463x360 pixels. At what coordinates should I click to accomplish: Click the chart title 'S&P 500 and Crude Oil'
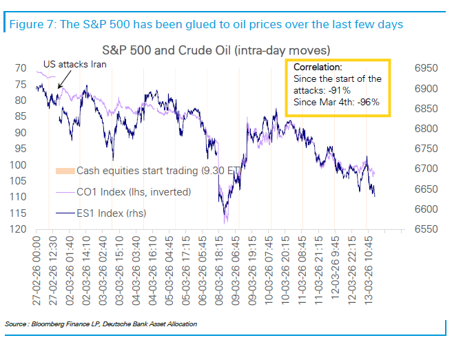pyautogui.click(x=166, y=50)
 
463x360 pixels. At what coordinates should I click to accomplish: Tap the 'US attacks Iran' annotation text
pyautogui.click(x=74, y=64)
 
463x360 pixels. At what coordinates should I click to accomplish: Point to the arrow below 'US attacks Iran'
pyautogui.click(x=64, y=79)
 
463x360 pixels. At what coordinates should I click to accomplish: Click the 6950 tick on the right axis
pyautogui.click(x=426, y=68)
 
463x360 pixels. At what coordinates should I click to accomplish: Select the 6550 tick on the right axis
pyautogui.click(x=426, y=229)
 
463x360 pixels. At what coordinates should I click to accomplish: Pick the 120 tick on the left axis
pyautogui.click(x=18, y=229)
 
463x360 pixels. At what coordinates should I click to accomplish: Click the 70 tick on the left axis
pyautogui.click(x=21, y=68)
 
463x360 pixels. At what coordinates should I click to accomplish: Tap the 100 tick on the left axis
pyautogui.click(x=18, y=165)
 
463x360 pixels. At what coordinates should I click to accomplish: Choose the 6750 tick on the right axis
pyautogui.click(x=426, y=149)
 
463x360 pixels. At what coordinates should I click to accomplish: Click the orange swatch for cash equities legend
pyautogui.click(x=65, y=171)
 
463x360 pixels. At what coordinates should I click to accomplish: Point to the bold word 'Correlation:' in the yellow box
pyautogui.click(x=318, y=67)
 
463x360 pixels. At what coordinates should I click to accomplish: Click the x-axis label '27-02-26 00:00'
pyautogui.click(x=37, y=271)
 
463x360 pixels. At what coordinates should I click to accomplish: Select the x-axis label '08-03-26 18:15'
pyautogui.click(x=218, y=271)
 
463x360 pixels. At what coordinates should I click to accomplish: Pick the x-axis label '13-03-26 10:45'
pyautogui.click(x=368, y=270)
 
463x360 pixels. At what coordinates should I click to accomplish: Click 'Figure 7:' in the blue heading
pyautogui.click(x=33, y=24)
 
